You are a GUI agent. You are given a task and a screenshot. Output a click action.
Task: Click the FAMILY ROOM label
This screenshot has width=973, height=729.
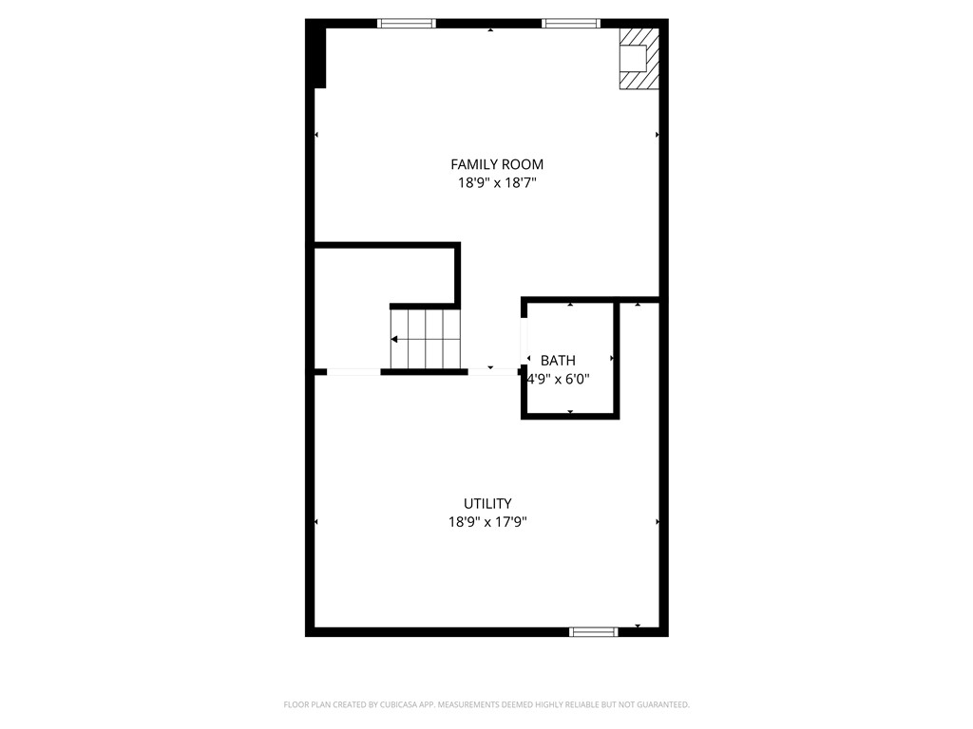[496, 164]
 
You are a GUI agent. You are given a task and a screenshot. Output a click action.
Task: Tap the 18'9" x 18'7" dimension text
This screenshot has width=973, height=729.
[496, 183]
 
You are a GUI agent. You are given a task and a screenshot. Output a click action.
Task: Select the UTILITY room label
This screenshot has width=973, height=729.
[487, 503]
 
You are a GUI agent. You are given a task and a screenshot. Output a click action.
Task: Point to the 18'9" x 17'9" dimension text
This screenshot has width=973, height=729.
[487, 522]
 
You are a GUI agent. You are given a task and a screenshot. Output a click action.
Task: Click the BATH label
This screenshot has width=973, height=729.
[558, 360]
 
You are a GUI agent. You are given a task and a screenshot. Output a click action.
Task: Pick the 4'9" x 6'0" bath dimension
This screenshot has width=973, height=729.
[559, 379]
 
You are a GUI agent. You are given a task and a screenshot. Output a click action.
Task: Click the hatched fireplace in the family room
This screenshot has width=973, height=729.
[639, 58]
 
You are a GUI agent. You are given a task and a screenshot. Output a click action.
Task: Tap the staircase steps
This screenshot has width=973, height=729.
[426, 339]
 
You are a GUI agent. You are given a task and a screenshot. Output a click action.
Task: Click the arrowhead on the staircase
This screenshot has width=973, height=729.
[394, 339]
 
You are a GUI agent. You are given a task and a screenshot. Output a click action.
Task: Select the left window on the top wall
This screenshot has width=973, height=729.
[407, 24]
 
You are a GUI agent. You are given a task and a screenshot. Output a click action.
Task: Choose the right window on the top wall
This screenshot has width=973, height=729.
[571, 24]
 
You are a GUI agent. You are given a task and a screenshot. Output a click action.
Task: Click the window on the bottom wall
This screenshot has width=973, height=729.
[594, 631]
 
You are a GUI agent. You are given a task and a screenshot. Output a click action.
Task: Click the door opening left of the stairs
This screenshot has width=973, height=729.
[353, 372]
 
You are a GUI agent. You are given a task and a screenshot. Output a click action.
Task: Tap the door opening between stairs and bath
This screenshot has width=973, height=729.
[493, 372]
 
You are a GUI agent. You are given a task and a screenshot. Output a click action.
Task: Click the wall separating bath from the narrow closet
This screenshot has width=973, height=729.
[617, 359]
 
